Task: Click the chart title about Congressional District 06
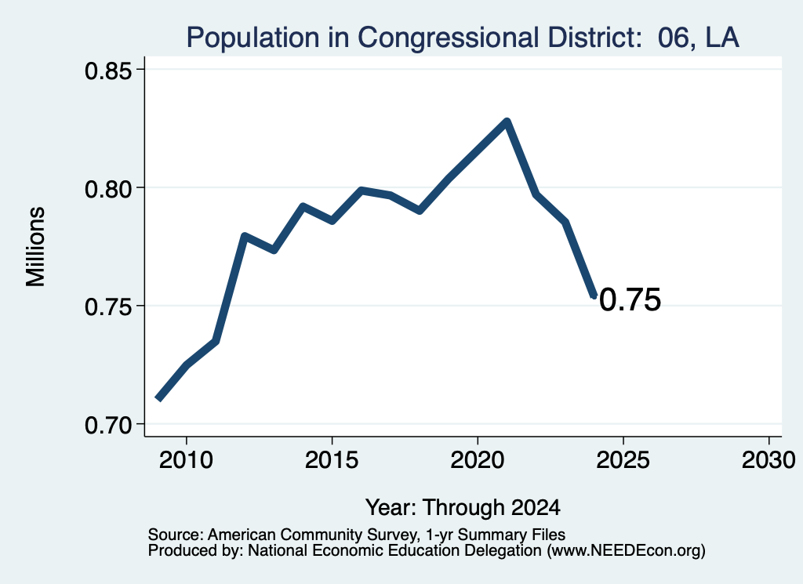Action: [x=463, y=38]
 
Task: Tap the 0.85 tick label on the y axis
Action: [x=108, y=71]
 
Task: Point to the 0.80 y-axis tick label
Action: [x=108, y=189]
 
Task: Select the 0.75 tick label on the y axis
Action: [x=108, y=307]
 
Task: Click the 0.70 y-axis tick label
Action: [x=108, y=425]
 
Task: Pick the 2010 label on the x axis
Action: [x=186, y=459]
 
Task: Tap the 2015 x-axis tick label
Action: [x=332, y=459]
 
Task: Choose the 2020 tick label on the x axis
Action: [x=478, y=459]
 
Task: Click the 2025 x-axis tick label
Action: [x=623, y=459]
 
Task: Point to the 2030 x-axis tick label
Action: [x=768, y=459]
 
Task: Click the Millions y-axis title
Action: [x=36, y=247]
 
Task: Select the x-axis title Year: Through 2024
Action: [x=463, y=507]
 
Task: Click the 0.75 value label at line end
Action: [x=630, y=299]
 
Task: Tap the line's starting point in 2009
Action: [x=158, y=399]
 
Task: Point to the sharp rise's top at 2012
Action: [x=245, y=237]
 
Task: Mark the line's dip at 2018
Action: [x=420, y=210]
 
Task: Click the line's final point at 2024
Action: [x=594, y=296]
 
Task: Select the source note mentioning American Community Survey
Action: [x=357, y=535]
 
